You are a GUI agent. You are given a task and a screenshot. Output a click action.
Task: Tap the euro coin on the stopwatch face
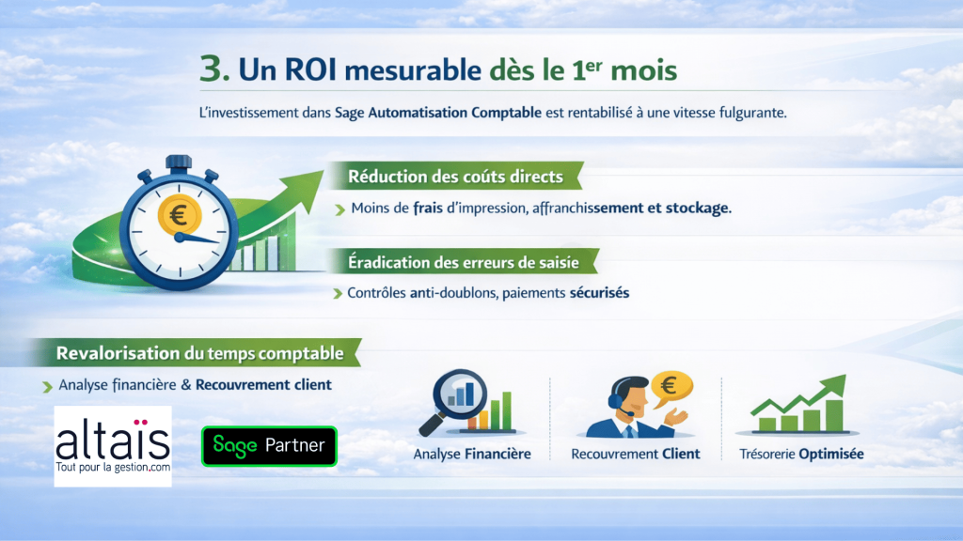click(178, 216)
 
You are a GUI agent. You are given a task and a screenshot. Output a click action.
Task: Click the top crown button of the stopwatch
click(178, 162)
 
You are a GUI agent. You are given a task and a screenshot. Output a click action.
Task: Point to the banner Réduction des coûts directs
click(455, 177)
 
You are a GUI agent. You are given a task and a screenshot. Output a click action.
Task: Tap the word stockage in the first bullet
click(698, 208)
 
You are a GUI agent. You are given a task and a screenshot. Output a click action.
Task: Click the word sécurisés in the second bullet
click(599, 293)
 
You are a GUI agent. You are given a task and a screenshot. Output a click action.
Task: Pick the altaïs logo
click(113, 446)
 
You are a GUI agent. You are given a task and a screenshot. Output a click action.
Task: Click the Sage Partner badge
click(269, 446)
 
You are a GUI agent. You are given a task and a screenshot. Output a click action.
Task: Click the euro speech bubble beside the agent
click(671, 385)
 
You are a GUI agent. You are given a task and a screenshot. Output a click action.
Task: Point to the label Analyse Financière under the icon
click(472, 454)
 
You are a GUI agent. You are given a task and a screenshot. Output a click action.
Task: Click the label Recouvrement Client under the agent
click(635, 454)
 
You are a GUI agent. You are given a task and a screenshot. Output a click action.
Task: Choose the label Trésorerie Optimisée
click(800, 454)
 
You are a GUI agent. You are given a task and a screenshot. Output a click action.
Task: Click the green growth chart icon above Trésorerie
click(798, 405)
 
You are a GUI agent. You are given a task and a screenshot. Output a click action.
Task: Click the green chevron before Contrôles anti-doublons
click(338, 294)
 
